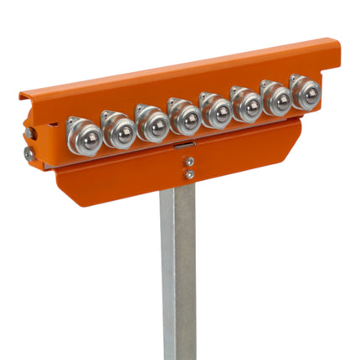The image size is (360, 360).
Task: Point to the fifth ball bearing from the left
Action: point(216,112)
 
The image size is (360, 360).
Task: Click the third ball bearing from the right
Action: point(247,106)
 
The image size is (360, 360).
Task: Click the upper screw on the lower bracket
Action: point(190,162)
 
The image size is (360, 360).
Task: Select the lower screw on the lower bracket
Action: point(190,174)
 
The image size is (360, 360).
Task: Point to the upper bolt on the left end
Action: point(30,133)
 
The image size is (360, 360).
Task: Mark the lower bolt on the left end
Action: point(29,154)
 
